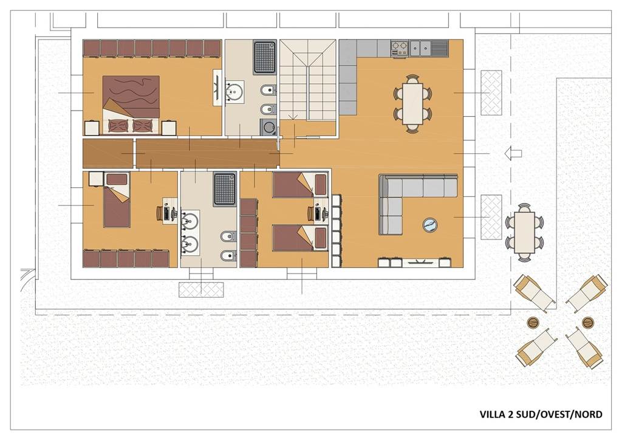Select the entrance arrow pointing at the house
[x=513, y=153]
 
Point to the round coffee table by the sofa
[x=430, y=225]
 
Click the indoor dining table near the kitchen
[x=412, y=103]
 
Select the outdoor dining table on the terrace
[x=524, y=232]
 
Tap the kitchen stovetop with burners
[x=400, y=49]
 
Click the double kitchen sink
[x=420, y=49]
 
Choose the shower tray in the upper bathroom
[x=264, y=57]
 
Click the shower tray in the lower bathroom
[x=225, y=189]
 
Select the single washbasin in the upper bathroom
[x=234, y=92]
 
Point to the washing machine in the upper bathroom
[x=268, y=128]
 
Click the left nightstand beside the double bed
[x=91, y=128]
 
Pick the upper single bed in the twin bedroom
[x=300, y=185]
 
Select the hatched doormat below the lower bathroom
[x=201, y=290]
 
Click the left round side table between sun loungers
[x=533, y=322]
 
